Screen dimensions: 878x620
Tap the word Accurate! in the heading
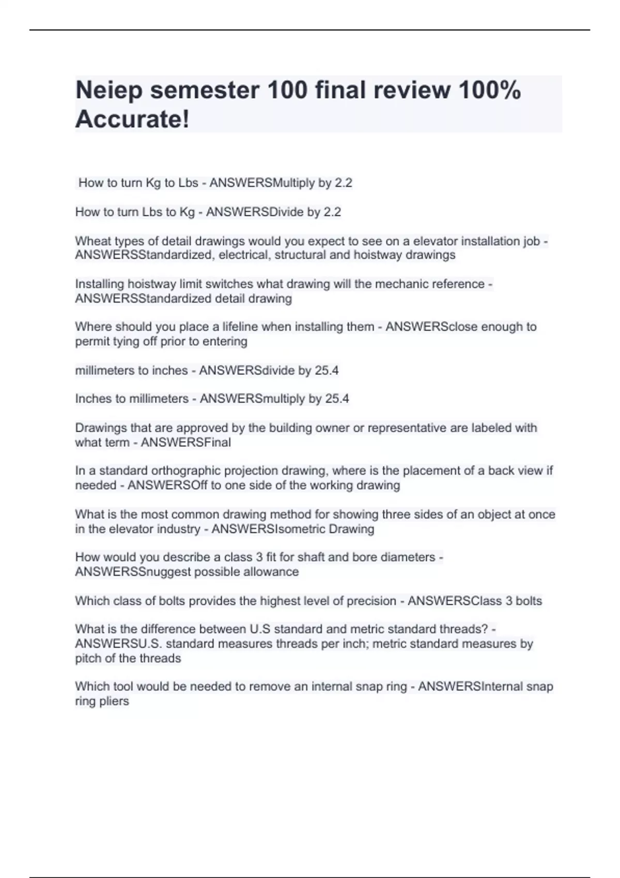click(x=132, y=119)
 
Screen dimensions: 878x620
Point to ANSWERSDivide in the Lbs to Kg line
click(x=248, y=212)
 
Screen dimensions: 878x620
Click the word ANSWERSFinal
click(x=185, y=443)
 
